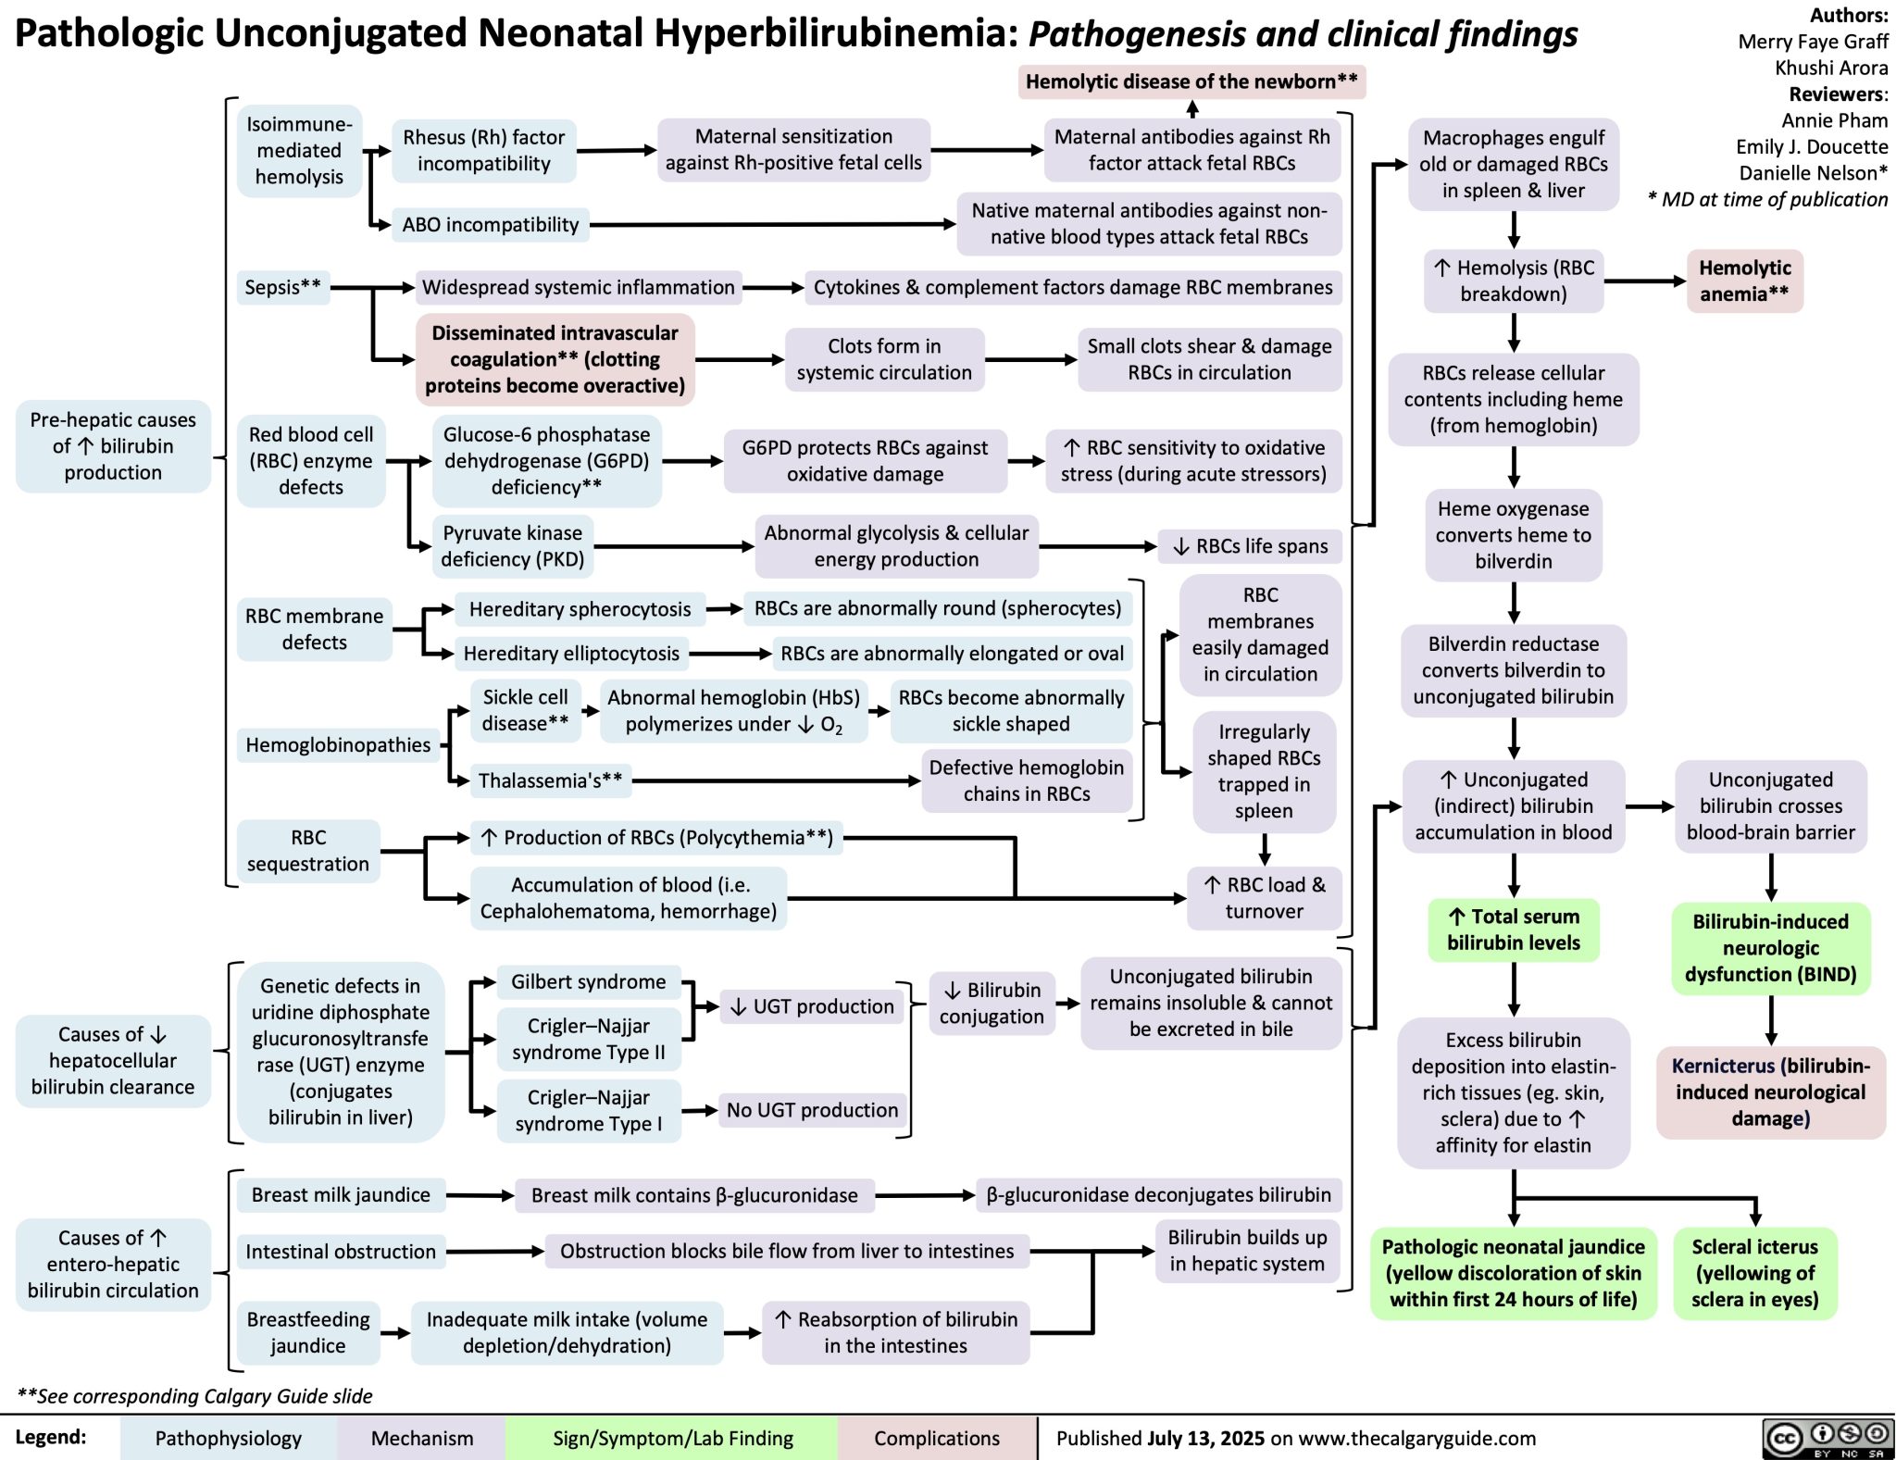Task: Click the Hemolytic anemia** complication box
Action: pos(1744,281)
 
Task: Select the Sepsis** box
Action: pos(282,288)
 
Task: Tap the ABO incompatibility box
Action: pos(490,224)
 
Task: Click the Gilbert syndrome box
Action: pos(588,982)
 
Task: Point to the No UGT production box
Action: pos(812,1110)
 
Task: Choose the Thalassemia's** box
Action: pos(550,780)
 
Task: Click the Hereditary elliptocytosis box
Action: pos(571,654)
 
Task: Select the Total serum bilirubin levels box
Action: pos(1513,930)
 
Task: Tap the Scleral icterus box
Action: pos(1754,1273)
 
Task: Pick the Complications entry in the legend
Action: pos(936,1438)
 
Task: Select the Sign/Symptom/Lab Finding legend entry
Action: pos(672,1438)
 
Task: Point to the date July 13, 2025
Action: pos(1205,1438)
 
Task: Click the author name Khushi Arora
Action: pos(1830,68)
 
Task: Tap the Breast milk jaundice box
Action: pos(340,1195)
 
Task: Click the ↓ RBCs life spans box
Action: pos(1250,546)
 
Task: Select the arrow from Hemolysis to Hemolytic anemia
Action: pos(1645,281)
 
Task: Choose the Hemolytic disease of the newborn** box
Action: pos(1191,81)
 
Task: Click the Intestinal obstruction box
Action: pos(340,1252)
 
